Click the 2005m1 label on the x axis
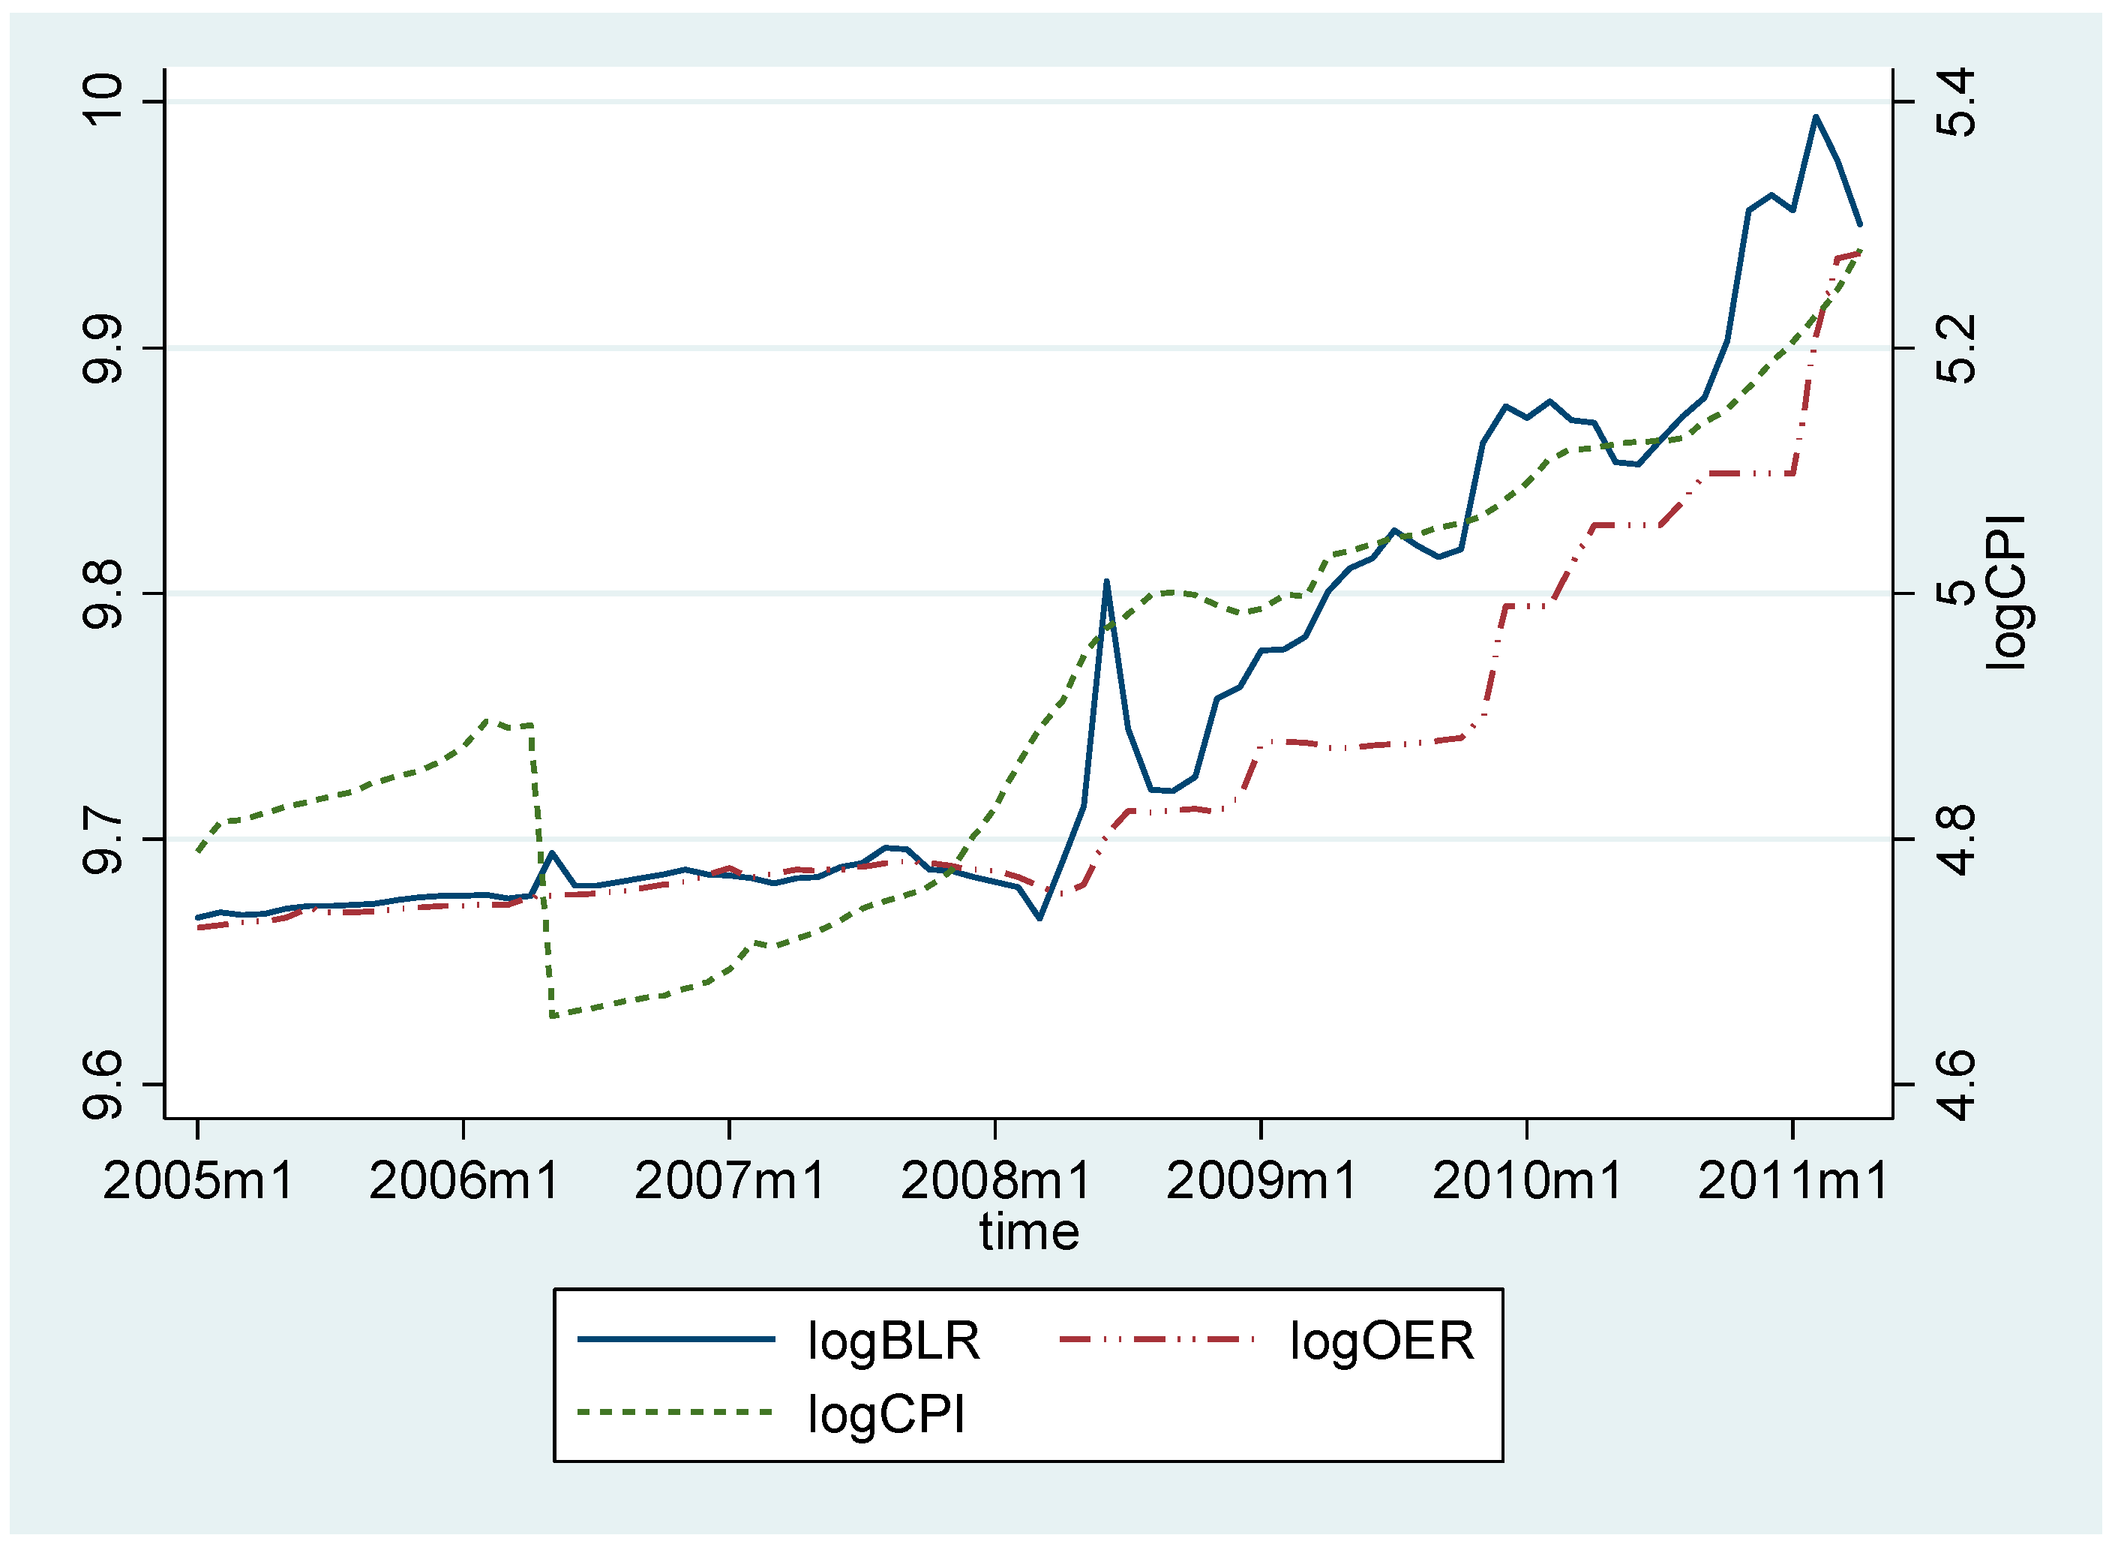pos(199,1181)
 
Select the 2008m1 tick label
pos(995,1181)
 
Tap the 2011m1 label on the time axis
pos(1793,1181)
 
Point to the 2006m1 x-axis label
pos(464,1181)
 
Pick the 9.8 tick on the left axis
pos(102,593)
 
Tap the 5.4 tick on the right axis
pos(1956,103)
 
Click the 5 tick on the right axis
pos(1956,593)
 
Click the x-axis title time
pos(1029,1233)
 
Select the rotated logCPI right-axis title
pos(2006,593)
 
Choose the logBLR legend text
pos(893,1341)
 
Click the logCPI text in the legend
pos(886,1414)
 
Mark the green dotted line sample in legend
pos(676,1412)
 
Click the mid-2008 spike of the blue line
pos(1107,581)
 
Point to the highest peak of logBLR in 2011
pos(1816,117)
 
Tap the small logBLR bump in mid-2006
pos(553,852)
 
